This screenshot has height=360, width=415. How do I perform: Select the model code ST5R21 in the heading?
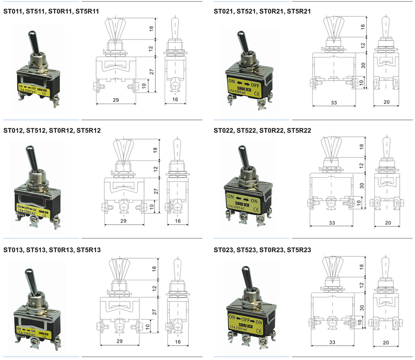click(299, 11)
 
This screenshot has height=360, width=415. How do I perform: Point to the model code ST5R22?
click(299, 131)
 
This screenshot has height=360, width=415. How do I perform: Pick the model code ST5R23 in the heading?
click(299, 250)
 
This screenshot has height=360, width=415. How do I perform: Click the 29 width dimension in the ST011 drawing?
click(116, 101)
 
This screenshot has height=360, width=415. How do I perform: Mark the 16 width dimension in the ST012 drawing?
click(177, 220)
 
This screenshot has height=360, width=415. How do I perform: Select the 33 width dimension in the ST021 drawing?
click(333, 102)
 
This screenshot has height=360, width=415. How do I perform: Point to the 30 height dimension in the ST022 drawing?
click(362, 186)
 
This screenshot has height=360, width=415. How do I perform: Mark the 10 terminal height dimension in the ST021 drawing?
click(362, 82)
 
